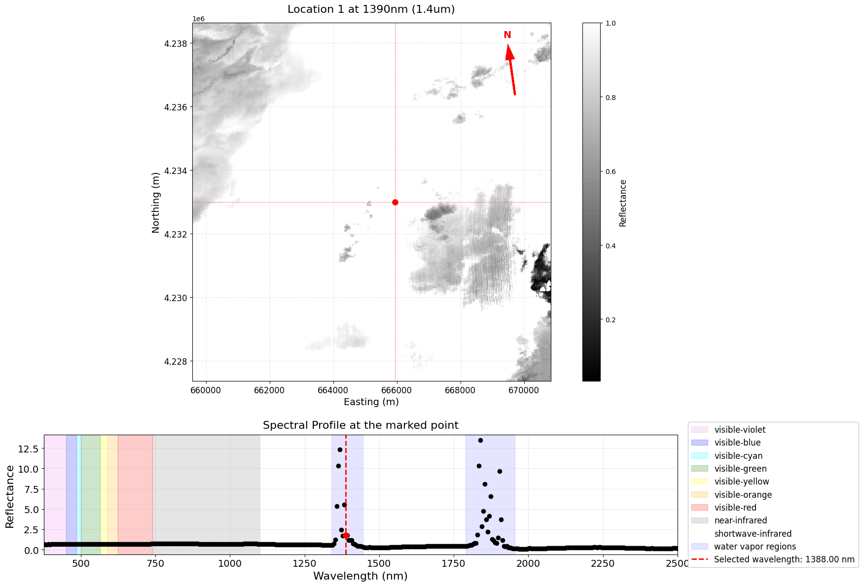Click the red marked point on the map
click(395, 202)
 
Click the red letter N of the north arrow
click(507, 35)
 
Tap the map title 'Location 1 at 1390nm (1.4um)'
click(371, 9)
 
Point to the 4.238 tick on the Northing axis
click(176, 44)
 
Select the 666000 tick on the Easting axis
click(396, 390)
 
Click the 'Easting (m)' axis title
click(371, 402)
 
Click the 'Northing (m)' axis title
click(156, 202)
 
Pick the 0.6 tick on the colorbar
click(610, 172)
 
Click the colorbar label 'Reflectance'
click(623, 203)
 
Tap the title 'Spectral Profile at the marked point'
click(360, 425)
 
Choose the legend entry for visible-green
click(740, 469)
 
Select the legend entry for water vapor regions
click(755, 547)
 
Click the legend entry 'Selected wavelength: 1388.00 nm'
click(784, 559)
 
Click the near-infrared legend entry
click(740, 520)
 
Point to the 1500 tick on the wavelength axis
click(379, 562)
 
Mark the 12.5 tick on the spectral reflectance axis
click(29, 448)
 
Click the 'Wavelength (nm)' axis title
click(360, 576)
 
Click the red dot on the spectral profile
click(346, 535)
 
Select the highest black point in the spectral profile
click(480, 440)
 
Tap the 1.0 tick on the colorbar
click(610, 23)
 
